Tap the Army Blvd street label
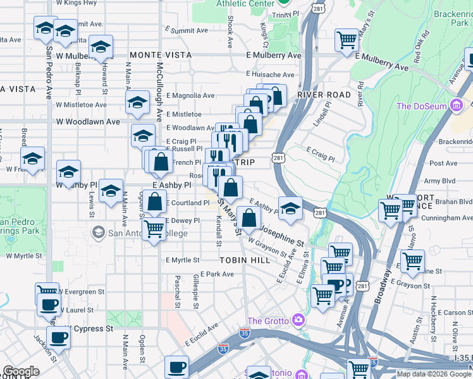pos(442,181)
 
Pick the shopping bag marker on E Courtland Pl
pos(155,203)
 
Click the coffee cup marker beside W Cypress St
pos(59,337)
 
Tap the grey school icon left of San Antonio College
pos(98,233)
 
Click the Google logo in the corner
pos(21,371)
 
